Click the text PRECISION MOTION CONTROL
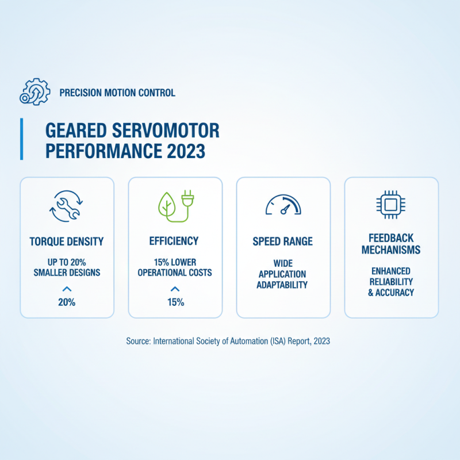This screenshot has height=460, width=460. pyautogui.click(x=117, y=93)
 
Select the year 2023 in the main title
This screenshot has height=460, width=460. pyautogui.click(x=186, y=151)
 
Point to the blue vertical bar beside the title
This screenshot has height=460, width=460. pyautogui.click(x=22, y=139)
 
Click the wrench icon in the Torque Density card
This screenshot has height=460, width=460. pyautogui.click(x=67, y=205)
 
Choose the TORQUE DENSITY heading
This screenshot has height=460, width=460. pyautogui.click(x=67, y=241)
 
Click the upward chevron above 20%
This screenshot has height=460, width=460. pyautogui.click(x=67, y=289)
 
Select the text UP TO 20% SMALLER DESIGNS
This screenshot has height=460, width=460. pyautogui.click(x=67, y=267)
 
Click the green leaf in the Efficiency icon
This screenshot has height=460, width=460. pyautogui.click(x=166, y=204)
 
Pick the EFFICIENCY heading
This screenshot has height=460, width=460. pyautogui.click(x=175, y=241)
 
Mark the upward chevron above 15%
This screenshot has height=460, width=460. pyautogui.click(x=175, y=289)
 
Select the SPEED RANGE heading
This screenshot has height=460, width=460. pyautogui.click(x=283, y=241)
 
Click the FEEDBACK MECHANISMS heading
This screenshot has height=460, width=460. pyautogui.click(x=391, y=244)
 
